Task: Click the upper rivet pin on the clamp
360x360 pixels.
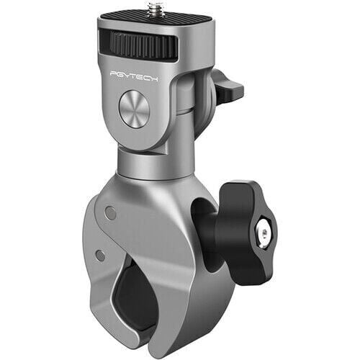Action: click(x=109, y=213)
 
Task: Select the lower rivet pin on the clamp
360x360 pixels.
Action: click(x=100, y=255)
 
